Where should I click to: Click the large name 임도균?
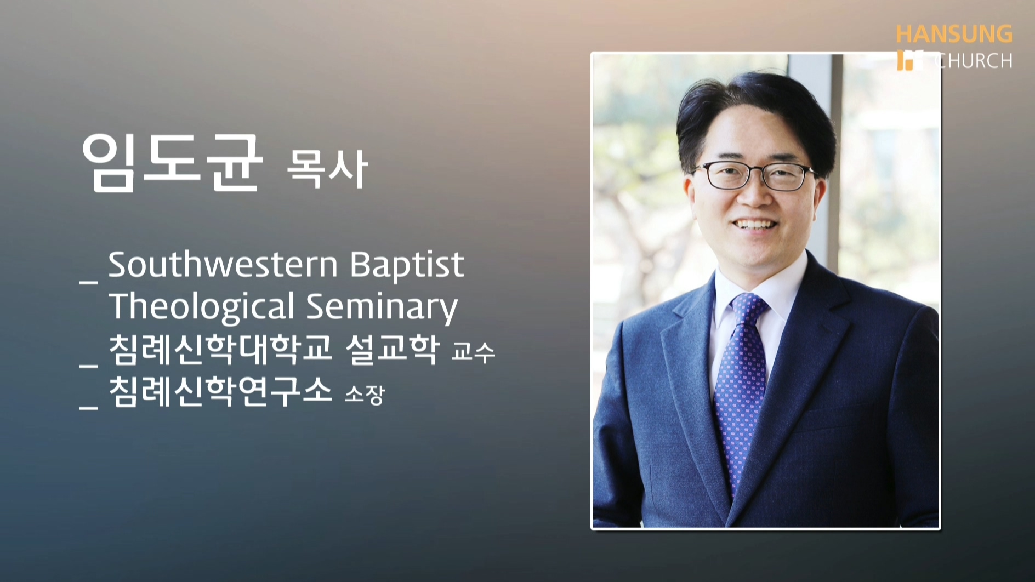tap(172, 162)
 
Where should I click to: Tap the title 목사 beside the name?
tap(327, 168)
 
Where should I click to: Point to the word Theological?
tap(202, 307)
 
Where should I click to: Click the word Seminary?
tap(382, 307)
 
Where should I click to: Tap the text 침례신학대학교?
tap(220, 349)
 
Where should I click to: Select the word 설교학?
tap(393, 349)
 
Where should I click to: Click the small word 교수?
tap(473, 352)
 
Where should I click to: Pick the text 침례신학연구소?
tap(220, 391)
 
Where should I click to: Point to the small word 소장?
tap(365, 394)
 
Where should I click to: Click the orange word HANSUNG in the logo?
tap(954, 34)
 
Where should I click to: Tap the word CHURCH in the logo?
tap(973, 60)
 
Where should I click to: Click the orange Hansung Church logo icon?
tap(910, 60)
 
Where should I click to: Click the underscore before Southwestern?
tap(89, 282)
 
